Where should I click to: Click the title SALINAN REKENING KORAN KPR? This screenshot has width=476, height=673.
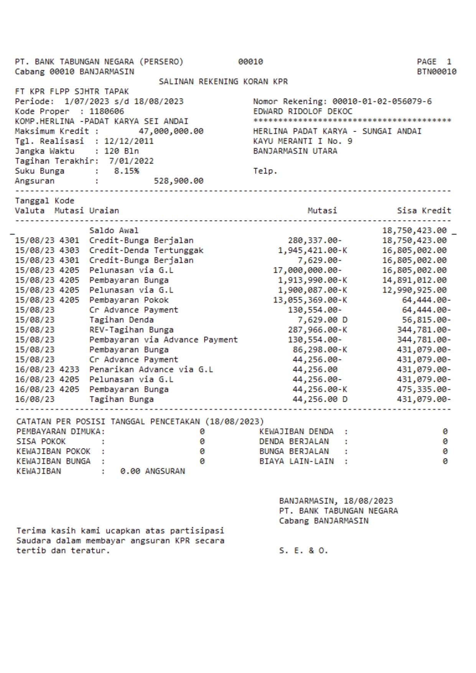click(223, 82)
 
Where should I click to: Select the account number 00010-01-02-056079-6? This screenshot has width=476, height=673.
click(382, 102)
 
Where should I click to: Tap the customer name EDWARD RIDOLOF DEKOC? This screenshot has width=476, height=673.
click(302, 112)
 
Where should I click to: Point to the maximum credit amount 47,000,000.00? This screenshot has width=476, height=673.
click(171, 132)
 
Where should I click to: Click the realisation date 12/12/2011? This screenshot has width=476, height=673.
click(129, 141)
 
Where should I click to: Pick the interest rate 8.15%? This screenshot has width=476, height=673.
click(127, 171)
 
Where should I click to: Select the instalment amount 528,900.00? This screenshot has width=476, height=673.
click(178, 181)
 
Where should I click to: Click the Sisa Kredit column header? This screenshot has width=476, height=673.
click(424, 211)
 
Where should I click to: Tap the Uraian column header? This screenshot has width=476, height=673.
click(104, 211)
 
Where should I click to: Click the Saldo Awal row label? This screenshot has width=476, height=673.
click(114, 231)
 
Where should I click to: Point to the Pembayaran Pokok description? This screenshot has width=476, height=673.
click(129, 300)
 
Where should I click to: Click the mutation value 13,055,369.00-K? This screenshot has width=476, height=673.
click(310, 300)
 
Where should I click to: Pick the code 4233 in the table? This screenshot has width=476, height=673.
click(69, 369)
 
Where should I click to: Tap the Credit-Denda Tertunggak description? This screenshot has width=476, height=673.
click(146, 251)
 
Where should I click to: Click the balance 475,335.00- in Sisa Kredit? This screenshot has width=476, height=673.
click(424, 389)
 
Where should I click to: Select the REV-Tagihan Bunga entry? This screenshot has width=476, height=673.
click(131, 330)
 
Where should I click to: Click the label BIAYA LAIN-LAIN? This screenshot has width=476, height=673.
click(296, 462)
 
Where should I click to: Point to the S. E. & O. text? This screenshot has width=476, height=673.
click(303, 551)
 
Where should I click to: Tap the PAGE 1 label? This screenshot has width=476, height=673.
click(434, 62)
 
